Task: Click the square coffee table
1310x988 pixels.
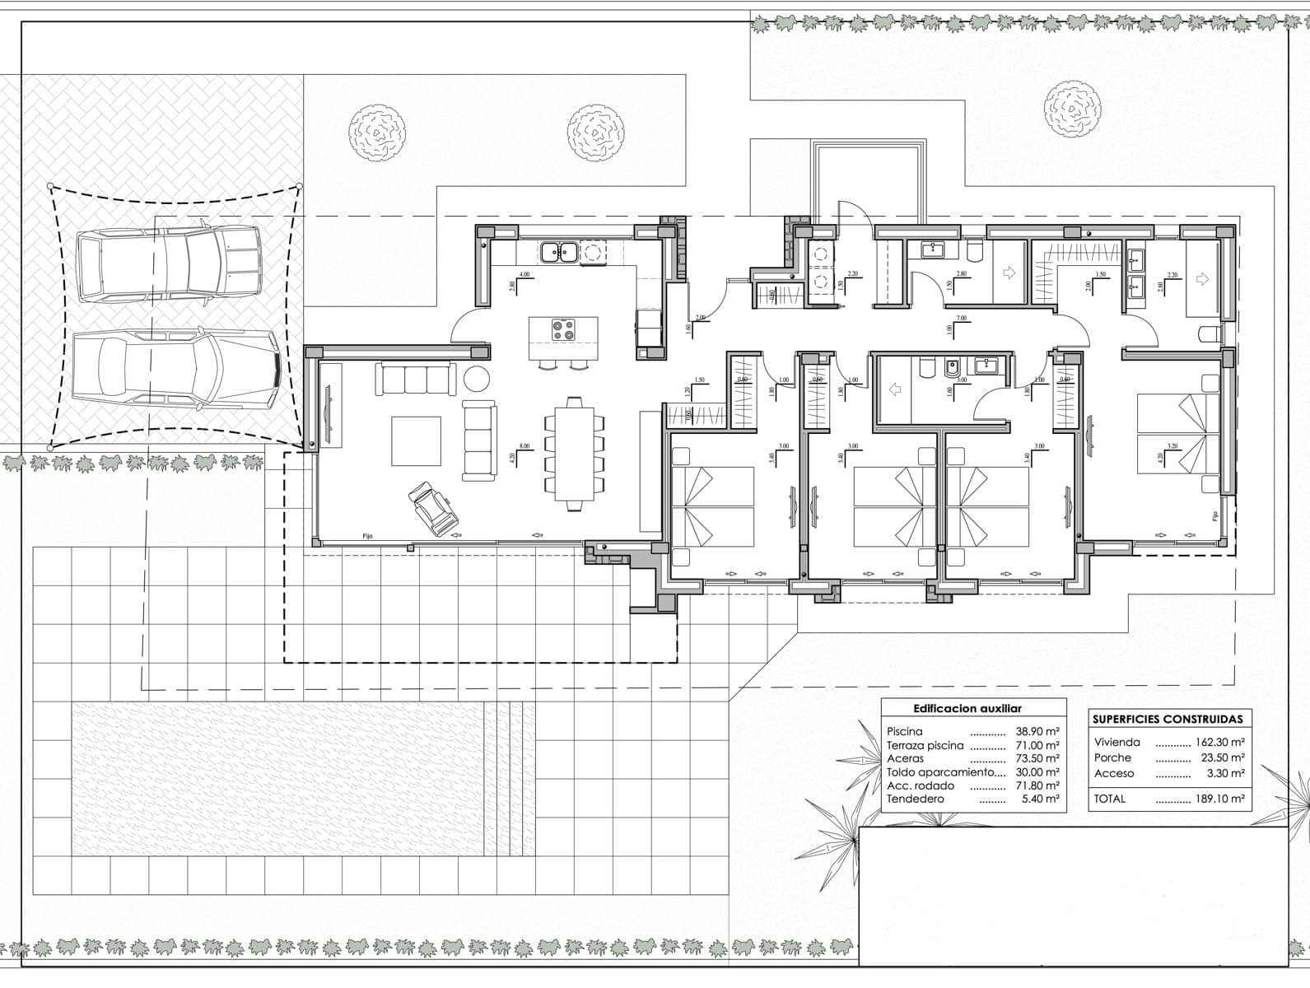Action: point(416,440)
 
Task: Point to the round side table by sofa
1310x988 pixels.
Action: point(476,379)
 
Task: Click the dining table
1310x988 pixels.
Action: point(574,454)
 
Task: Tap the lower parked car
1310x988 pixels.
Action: point(175,368)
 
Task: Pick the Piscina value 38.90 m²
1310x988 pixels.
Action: point(1037,731)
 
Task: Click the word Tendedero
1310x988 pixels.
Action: point(915,799)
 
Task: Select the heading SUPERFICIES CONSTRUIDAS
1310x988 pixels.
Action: point(1167,719)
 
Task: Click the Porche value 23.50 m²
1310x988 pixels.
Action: point(1219,757)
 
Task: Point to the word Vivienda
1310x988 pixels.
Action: point(1117,742)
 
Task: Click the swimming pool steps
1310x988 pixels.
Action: point(510,779)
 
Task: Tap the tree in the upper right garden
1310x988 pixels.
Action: point(1072,110)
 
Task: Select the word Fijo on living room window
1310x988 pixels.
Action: point(367,536)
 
